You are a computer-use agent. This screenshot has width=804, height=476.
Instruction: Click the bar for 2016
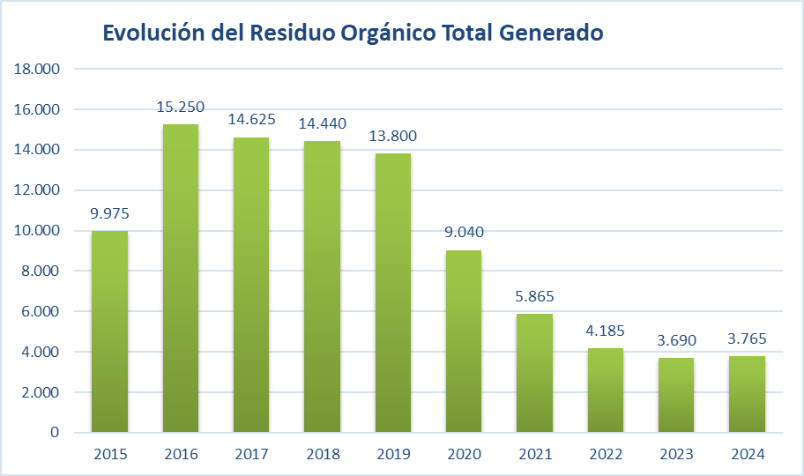tap(181, 278)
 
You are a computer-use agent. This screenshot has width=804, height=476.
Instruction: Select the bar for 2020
tap(464, 341)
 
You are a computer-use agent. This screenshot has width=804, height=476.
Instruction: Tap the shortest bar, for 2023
tap(676, 395)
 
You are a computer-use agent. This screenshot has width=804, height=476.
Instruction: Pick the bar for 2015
tap(110, 331)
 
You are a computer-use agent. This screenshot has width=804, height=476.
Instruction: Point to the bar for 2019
tap(393, 293)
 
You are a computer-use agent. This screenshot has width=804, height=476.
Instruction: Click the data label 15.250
tap(181, 108)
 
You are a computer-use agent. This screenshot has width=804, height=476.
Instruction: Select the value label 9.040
tap(464, 233)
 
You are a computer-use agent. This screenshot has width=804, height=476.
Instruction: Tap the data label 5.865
tap(535, 297)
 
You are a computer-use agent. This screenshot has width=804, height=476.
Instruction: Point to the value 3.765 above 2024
tap(747, 338)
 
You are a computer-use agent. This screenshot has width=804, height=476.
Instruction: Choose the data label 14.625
tap(251, 120)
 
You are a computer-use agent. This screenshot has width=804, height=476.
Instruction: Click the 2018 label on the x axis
tap(322, 455)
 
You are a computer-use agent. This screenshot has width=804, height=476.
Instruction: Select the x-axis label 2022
tap(606, 455)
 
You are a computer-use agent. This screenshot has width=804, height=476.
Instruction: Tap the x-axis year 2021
tap(535, 455)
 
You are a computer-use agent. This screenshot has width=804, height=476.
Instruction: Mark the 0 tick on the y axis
tap(54, 433)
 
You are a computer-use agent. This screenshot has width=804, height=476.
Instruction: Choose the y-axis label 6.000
tap(39, 312)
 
